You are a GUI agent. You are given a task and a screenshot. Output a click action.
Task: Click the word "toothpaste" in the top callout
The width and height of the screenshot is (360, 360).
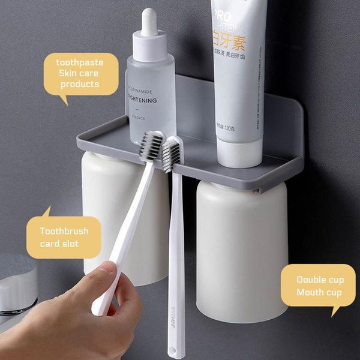(x=80, y=62)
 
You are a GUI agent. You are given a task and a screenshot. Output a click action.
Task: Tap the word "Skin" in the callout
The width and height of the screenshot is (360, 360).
(x=68, y=73)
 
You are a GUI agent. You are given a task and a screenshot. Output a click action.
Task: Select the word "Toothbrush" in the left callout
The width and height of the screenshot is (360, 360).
(x=64, y=231)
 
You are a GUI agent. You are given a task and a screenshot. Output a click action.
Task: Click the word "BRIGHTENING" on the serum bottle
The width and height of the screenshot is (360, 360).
(x=142, y=100)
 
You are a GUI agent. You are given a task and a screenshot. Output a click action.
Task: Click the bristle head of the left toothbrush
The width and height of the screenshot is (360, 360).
(x=152, y=146)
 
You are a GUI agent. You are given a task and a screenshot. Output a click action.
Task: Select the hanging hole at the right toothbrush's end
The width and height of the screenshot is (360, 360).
(x=176, y=347)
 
